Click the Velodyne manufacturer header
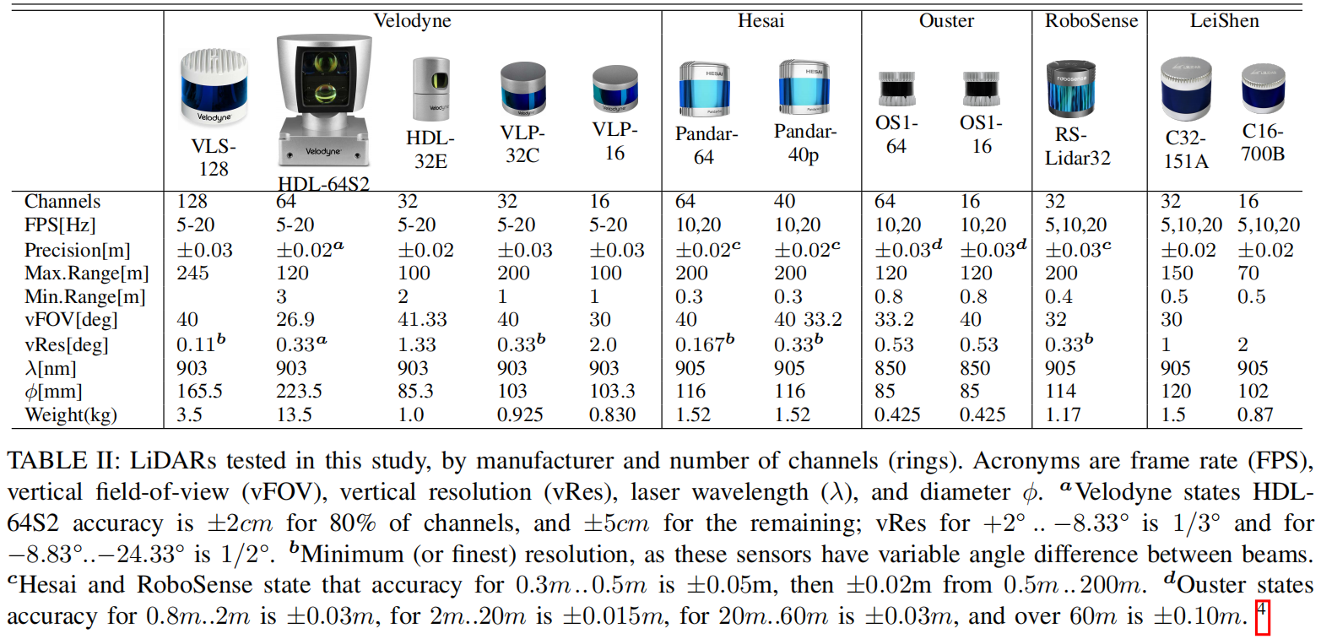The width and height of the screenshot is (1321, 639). pyautogui.click(x=413, y=20)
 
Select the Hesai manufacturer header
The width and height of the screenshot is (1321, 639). pyautogui.click(x=761, y=20)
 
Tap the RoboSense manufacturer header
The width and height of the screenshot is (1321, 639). pyautogui.click(x=1090, y=20)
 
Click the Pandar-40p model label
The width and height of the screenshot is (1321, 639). pyautogui.click(x=806, y=144)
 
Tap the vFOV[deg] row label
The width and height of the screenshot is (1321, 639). pyautogui.click(x=71, y=320)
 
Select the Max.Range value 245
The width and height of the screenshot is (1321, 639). pyautogui.click(x=192, y=273)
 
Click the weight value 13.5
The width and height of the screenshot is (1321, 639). pyautogui.click(x=294, y=414)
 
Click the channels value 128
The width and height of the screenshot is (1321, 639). pyautogui.click(x=192, y=202)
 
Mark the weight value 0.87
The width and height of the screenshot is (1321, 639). pyautogui.click(x=1256, y=414)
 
